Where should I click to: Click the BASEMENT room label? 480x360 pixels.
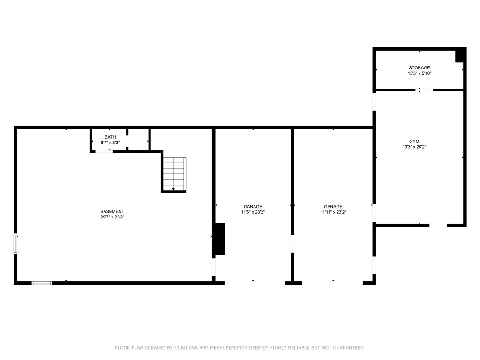112,211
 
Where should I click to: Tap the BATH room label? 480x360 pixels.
110,137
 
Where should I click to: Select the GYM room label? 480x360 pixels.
414,141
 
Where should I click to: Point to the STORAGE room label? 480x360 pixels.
419,68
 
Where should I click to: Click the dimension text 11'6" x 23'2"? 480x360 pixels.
253,212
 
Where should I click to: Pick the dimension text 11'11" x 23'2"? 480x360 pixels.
333,212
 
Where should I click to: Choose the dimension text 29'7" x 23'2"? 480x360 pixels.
112,217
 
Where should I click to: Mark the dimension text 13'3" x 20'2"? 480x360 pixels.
414,147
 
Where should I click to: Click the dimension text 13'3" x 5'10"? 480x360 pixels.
419,74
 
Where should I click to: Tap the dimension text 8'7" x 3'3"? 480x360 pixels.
110,142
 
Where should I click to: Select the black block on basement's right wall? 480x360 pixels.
219,239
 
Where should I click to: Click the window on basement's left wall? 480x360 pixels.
15,243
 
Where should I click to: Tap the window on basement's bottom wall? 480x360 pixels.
42,283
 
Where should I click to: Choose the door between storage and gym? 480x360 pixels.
426,90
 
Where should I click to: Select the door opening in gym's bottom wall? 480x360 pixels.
438,225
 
